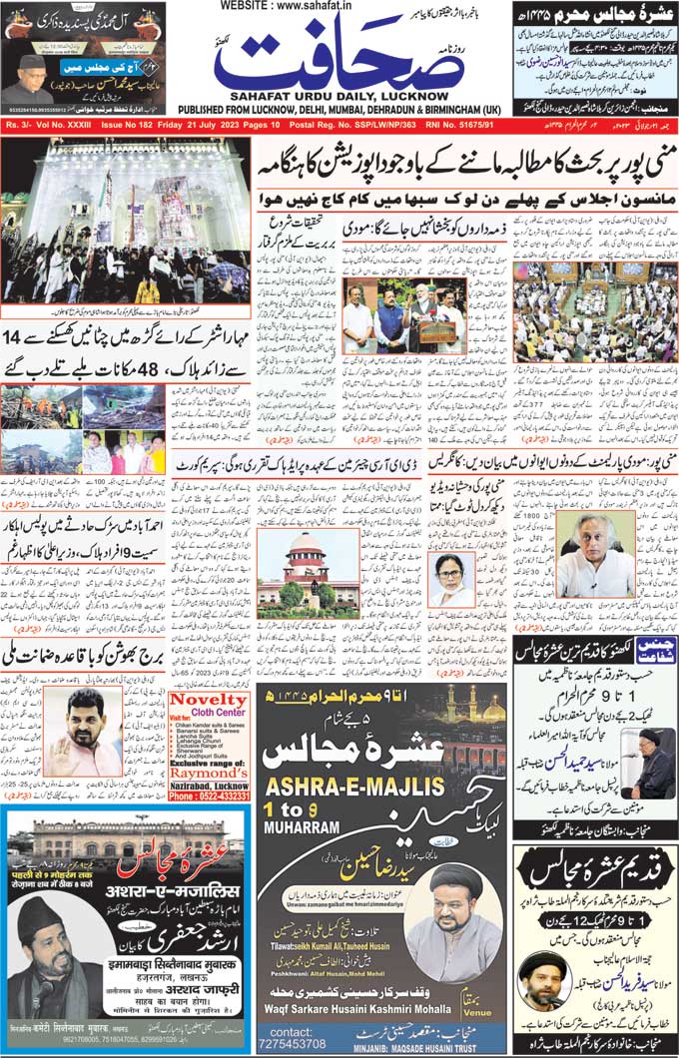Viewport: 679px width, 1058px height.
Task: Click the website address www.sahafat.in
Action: click(x=339, y=7)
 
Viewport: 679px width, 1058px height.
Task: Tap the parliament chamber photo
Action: click(x=581, y=311)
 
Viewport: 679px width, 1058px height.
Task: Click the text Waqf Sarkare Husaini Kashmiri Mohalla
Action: click(x=382, y=1008)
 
